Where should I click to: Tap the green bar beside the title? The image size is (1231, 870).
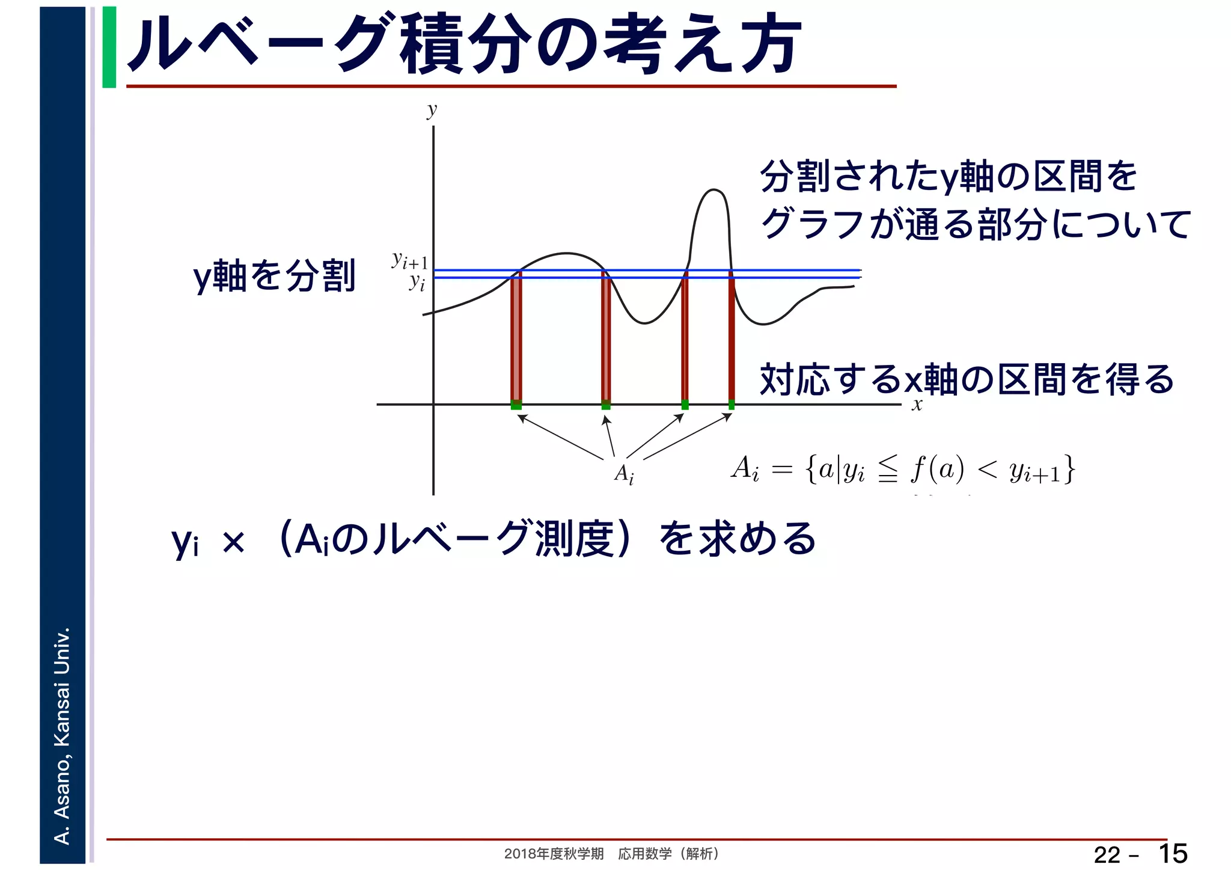point(109,47)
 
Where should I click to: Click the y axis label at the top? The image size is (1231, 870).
point(432,110)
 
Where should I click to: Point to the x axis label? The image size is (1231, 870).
point(917,405)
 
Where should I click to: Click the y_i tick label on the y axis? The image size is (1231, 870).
point(417,282)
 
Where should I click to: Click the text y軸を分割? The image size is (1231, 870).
point(274,276)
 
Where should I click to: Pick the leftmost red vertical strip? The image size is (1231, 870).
point(516,337)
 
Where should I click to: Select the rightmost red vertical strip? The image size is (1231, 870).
point(731,337)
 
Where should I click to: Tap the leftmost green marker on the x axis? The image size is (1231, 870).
point(516,405)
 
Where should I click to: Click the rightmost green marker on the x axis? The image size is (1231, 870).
point(731,405)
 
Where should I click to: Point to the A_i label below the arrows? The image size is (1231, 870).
point(624,474)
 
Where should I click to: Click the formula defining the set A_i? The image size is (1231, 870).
point(902,469)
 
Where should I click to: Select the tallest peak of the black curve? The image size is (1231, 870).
point(713,191)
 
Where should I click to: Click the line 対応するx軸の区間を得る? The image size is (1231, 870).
point(967,379)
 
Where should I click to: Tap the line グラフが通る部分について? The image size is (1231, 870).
point(975,224)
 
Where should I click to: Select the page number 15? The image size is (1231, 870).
point(1172,854)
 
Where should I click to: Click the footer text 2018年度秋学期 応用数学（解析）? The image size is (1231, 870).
point(611,854)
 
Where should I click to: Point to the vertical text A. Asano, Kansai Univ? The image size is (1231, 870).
point(63,735)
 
